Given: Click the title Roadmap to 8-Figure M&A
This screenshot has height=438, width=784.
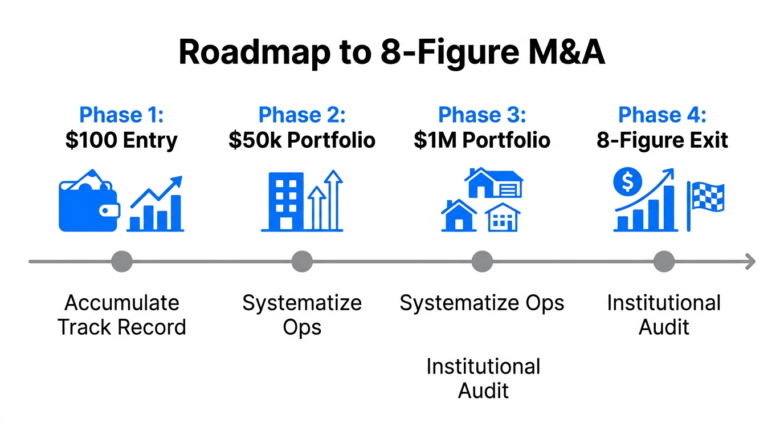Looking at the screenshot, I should pyautogui.click(x=391, y=52).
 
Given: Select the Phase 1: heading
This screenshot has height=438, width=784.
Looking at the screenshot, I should pyautogui.click(x=121, y=115).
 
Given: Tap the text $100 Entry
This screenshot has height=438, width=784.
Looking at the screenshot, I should pyautogui.click(x=121, y=140).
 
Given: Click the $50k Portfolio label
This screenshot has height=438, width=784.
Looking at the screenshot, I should pyautogui.click(x=302, y=140).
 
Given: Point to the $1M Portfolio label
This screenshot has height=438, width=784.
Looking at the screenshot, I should pyautogui.click(x=482, y=140).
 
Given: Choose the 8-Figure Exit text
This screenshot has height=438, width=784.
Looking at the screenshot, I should pyautogui.click(x=662, y=140).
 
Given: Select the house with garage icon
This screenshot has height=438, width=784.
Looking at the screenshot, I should pyautogui.click(x=493, y=182).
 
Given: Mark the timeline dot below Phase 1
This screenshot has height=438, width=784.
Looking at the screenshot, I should pyautogui.click(x=121, y=262).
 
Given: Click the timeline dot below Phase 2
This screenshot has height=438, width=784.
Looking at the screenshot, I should pyautogui.click(x=302, y=262).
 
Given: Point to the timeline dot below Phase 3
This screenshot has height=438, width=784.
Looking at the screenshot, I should pyautogui.click(x=482, y=262).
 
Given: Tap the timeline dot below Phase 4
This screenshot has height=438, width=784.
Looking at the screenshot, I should pyautogui.click(x=664, y=262).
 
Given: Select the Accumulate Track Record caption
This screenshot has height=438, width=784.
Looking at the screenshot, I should pyautogui.click(x=121, y=315).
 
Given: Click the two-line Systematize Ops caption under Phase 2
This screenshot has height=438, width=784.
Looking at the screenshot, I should pyautogui.click(x=302, y=315).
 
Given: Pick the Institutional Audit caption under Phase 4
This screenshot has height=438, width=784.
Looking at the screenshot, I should pyautogui.click(x=664, y=315).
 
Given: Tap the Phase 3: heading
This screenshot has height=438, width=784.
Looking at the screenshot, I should pyautogui.click(x=482, y=115).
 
